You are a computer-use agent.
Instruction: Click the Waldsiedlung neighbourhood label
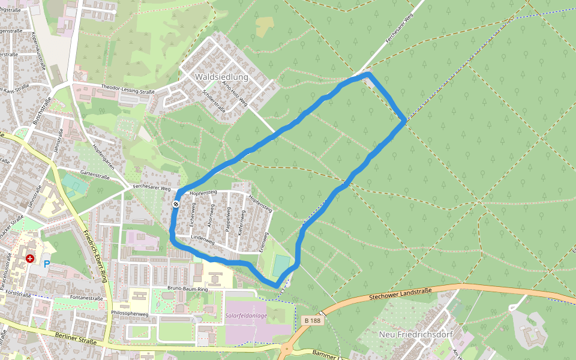pos(221,77)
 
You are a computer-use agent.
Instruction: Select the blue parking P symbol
pos(46,264)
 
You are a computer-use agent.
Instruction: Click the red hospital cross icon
pos(30,259)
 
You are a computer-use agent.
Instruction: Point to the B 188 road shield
pos(312,321)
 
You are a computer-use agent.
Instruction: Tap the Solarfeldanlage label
pos(246,316)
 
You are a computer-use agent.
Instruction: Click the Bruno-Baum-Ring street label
pos(188,290)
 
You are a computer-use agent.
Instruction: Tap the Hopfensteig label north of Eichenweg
pos(202,193)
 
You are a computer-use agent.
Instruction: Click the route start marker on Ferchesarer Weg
pos(176,205)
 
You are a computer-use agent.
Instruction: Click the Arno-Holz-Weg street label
pos(235,94)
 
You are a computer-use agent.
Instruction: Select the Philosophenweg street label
pos(130,313)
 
